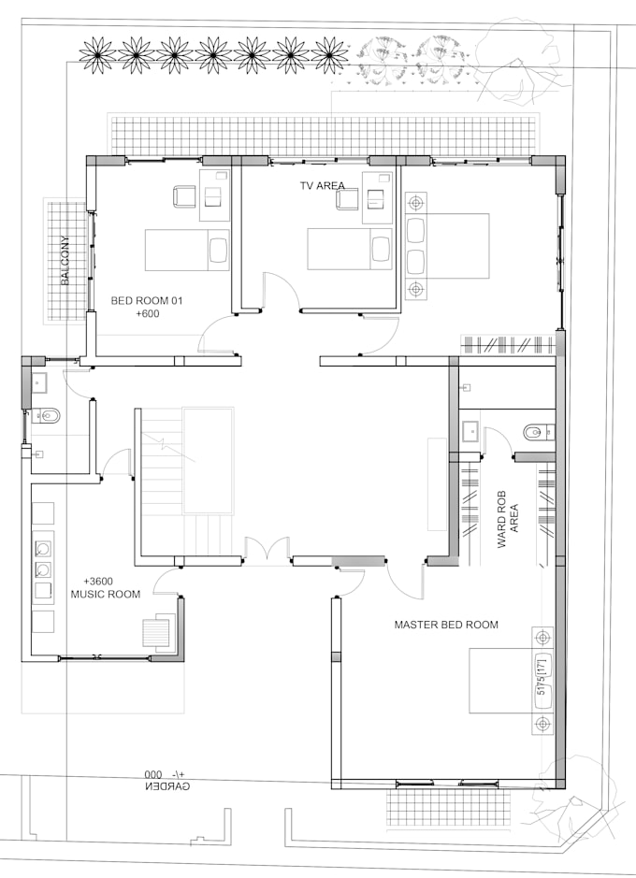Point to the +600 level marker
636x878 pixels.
[149, 315]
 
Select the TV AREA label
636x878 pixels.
[322, 186]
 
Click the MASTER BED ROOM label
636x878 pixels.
[446, 625]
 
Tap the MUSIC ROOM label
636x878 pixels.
[106, 594]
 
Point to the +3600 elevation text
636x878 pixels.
[98, 581]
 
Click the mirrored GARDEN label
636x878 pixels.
[167, 786]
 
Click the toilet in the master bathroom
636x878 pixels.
[536, 432]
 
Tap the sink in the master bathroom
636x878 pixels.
[470, 432]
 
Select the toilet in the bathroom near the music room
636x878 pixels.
[47, 416]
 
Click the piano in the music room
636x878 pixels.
[156, 631]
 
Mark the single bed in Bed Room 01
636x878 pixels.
[187, 250]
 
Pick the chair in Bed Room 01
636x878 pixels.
[184, 196]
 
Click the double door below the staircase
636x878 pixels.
[266, 551]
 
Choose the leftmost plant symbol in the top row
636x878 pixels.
[97, 55]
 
